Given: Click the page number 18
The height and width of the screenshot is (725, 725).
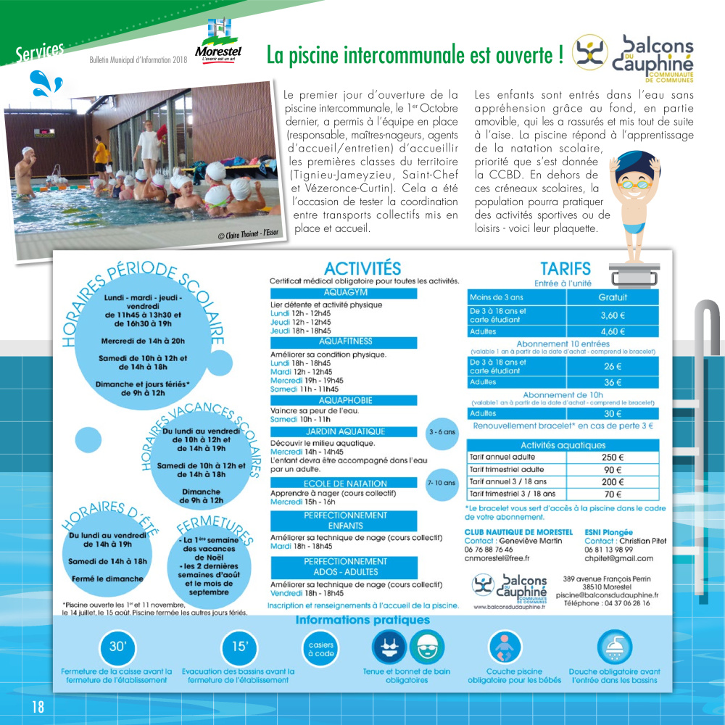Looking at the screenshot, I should [37, 706].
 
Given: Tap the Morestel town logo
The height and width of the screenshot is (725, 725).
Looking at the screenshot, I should [218, 43].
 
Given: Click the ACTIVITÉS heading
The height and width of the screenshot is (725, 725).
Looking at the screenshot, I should [362, 269].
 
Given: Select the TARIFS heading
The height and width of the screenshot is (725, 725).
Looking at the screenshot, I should [565, 269].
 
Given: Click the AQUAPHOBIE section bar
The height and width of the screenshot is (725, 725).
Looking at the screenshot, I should [344, 400].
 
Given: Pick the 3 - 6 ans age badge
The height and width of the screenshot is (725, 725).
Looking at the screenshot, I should [442, 432].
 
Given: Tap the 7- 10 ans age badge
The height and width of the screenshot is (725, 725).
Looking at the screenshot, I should [442, 482].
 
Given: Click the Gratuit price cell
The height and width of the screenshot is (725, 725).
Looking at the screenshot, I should [613, 297].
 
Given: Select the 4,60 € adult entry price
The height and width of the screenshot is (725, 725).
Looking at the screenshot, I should [613, 331].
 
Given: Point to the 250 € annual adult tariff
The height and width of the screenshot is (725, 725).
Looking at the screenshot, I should [613, 457].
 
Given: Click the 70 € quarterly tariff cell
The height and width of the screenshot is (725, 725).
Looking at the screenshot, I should [613, 494].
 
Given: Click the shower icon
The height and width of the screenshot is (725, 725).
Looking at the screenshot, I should [614, 647].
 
